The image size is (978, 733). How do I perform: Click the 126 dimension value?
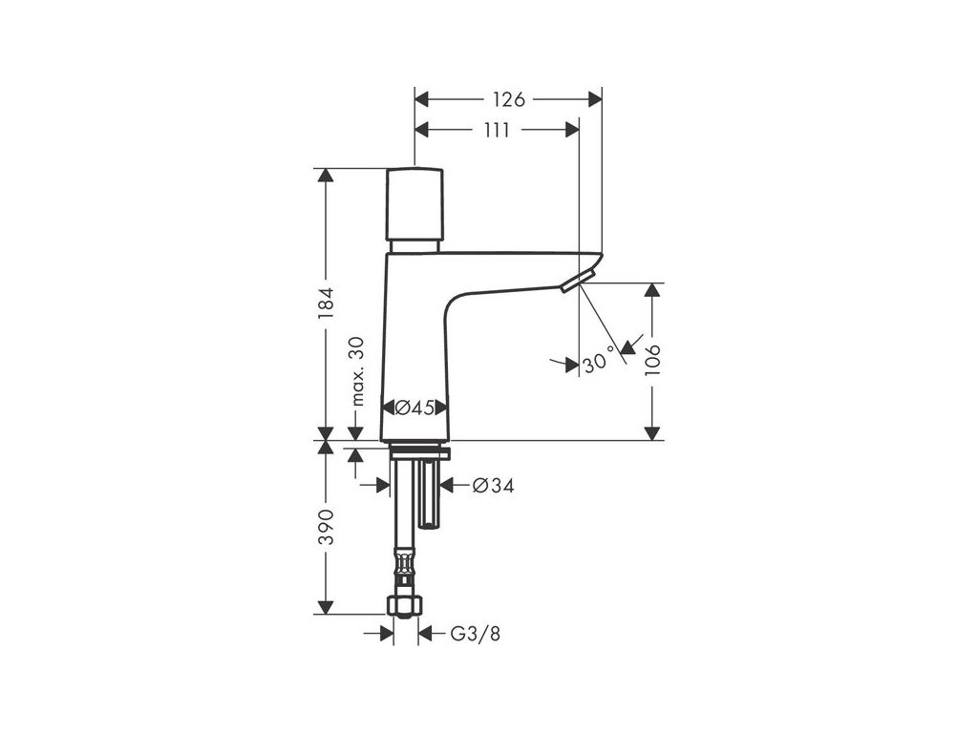point(509,98)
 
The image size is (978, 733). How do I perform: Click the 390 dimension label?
point(327,527)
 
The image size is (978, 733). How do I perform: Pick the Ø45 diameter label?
point(415,408)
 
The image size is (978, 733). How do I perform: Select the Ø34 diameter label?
point(493,486)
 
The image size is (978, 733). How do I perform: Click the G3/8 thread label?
point(475,633)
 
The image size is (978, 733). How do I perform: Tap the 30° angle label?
point(598,363)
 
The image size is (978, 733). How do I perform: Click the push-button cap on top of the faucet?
point(415,204)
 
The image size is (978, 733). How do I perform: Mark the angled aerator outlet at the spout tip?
point(578,280)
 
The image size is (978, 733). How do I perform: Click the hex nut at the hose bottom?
point(405,605)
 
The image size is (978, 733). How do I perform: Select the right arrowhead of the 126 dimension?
point(594,98)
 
